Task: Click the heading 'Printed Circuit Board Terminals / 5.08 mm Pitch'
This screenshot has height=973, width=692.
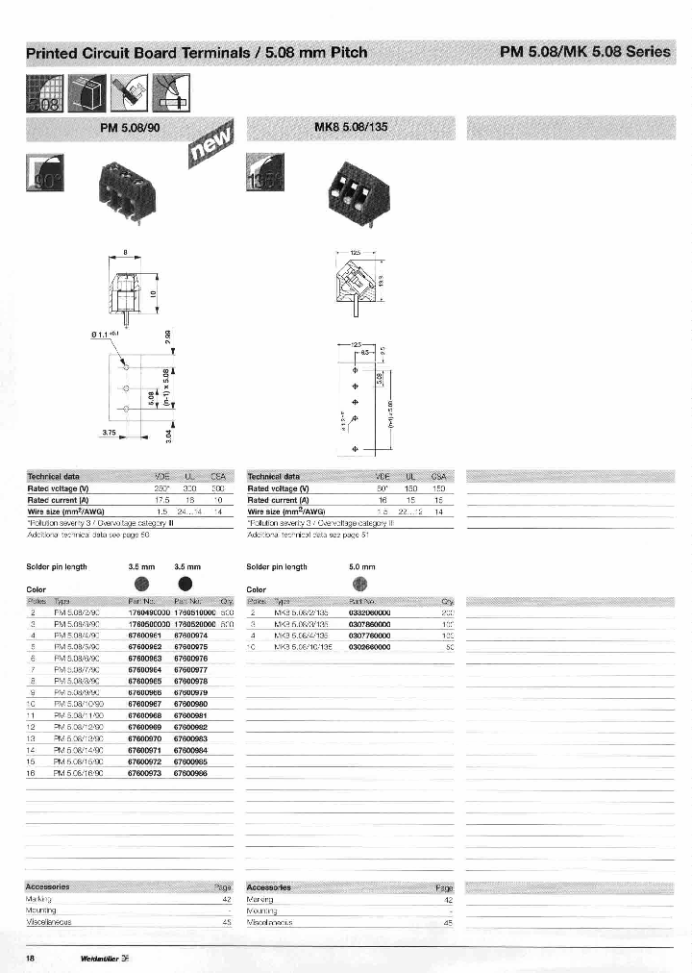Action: coord(196,52)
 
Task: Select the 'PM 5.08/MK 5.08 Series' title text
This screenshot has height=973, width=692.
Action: coord(584,52)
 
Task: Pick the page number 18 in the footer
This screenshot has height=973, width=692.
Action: coord(31,959)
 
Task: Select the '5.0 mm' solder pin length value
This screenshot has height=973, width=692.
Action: coord(361,566)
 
